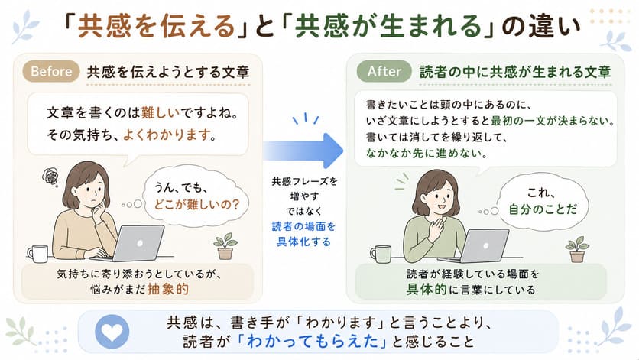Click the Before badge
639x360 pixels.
pos(51,71)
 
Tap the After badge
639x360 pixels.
pos(384,71)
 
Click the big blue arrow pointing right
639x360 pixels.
pos(303,151)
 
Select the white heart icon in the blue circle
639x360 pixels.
pos(112,332)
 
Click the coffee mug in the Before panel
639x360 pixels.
pos(37,254)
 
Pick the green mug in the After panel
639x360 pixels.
pos(380,254)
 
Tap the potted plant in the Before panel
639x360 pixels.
pos(225,246)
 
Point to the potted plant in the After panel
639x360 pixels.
pos(577,249)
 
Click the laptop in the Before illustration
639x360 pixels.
pos(131,244)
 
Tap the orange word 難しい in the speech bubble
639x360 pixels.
pos(161,112)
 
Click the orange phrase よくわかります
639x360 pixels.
pos(167,135)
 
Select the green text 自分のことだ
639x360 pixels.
pos(543,209)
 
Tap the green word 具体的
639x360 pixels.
pos(427,289)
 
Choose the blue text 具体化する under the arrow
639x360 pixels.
pos(304,242)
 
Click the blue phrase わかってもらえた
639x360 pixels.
pos(313,341)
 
